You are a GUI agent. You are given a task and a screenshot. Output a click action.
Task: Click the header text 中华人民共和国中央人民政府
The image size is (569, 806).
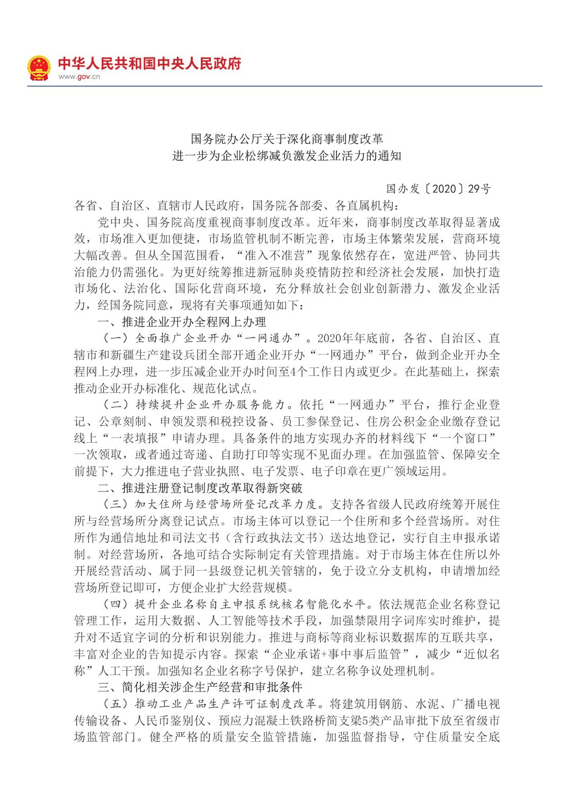[x=149, y=64]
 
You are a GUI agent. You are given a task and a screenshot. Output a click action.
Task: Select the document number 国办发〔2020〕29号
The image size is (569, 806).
[x=438, y=189]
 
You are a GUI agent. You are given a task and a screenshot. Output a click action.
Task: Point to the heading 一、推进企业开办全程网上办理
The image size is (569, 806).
[x=182, y=322]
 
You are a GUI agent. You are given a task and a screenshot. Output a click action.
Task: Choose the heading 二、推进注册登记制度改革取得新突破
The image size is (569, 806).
[x=200, y=487]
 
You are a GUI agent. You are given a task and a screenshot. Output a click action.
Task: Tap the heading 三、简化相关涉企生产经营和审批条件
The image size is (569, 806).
[x=200, y=687]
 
